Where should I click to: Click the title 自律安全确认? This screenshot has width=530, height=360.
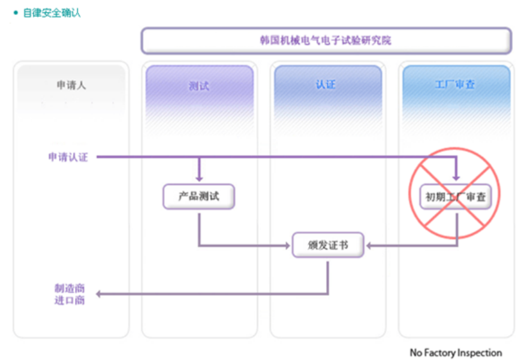click(x=52, y=13)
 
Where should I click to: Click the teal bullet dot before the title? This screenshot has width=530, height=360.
click(x=16, y=13)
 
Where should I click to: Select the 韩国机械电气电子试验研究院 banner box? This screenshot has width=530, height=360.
click(x=326, y=41)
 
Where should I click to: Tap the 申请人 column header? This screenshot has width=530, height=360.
click(x=71, y=85)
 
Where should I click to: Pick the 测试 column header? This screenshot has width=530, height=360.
click(x=199, y=85)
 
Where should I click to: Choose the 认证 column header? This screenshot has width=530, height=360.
click(x=326, y=85)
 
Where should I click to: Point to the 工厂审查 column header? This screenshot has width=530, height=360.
click(x=455, y=85)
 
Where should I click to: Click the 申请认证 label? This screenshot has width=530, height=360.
click(x=68, y=157)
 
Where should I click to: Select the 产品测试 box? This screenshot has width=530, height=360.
click(x=199, y=196)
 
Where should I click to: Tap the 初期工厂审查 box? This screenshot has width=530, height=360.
click(x=456, y=196)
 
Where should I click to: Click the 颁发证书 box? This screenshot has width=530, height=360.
click(x=328, y=245)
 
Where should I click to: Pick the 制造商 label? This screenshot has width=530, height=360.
click(x=70, y=288)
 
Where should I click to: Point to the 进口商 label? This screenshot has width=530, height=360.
click(x=70, y=300)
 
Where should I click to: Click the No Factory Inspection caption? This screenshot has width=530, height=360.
click(x=456, y=352)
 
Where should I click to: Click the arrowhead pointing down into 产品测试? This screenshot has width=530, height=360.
click(x=199, y=179)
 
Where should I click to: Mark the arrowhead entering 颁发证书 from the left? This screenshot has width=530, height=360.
click(x=287, y=245)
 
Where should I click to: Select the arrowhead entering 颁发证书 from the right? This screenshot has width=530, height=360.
click(x=369, y=245)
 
